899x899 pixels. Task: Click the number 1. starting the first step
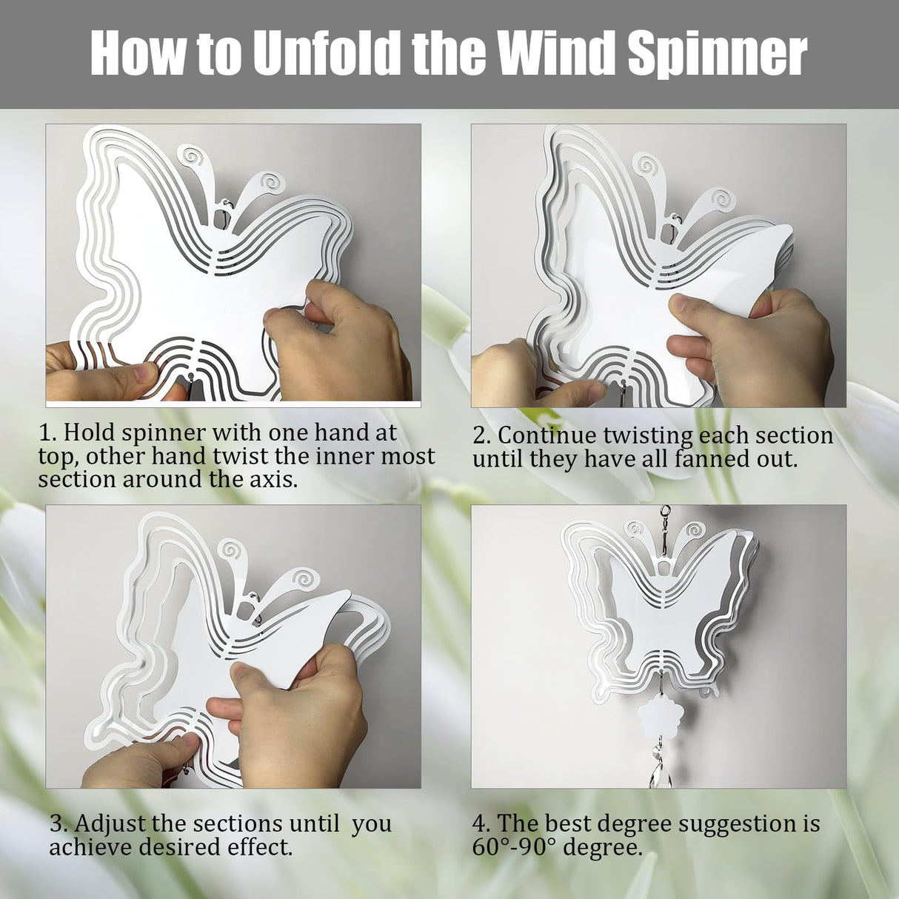coord(48,432)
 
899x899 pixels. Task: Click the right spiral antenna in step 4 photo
coord(695,530)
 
